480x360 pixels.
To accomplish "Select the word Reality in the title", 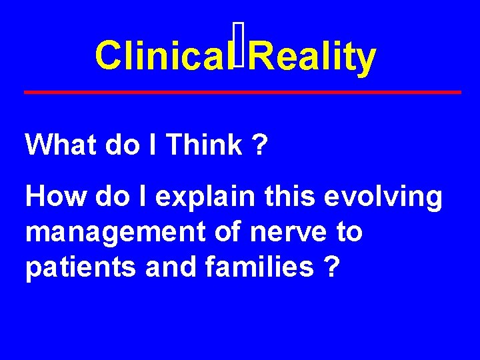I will (x=314, y=58).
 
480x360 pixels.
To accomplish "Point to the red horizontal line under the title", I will (x=242, y=91).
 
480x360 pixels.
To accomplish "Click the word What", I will (x=61, y=144).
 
